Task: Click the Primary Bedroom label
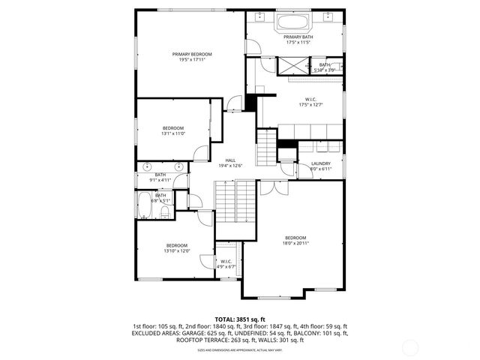191,54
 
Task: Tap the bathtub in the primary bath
298,22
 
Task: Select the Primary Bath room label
298,37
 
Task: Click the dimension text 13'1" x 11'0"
173,133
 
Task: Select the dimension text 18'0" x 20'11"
295,243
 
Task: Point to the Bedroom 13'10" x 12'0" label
177,246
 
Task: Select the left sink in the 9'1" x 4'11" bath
148,166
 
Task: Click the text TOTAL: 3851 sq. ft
240,319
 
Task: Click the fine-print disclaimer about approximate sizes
240,350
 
